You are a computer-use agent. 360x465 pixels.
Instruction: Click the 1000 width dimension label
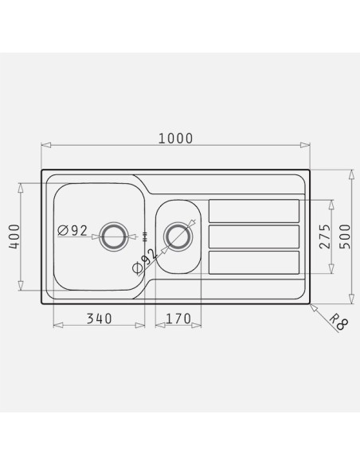tap(175, 139)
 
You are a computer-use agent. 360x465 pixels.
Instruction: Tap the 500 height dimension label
tap(345, 236)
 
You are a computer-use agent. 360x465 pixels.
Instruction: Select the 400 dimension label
tap(14, 236)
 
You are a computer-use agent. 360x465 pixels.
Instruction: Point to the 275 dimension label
tap(324, 236)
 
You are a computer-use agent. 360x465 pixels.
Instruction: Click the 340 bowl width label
tap(100, 318)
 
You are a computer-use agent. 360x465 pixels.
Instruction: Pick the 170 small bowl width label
tap(178, 318)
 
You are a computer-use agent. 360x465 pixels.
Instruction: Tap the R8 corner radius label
tap(338, 322)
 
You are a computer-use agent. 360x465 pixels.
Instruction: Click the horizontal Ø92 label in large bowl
tap(72, 230)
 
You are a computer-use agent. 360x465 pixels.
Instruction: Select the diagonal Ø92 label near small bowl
tap(145, 260)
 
